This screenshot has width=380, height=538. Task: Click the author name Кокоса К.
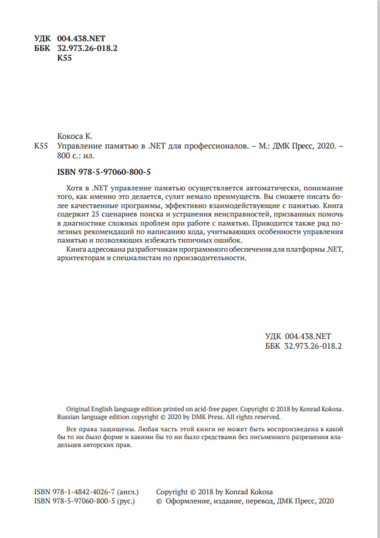click(75, 136)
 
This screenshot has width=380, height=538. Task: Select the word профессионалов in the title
click(217, 146)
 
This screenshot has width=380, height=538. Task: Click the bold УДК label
click(42, 38)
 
